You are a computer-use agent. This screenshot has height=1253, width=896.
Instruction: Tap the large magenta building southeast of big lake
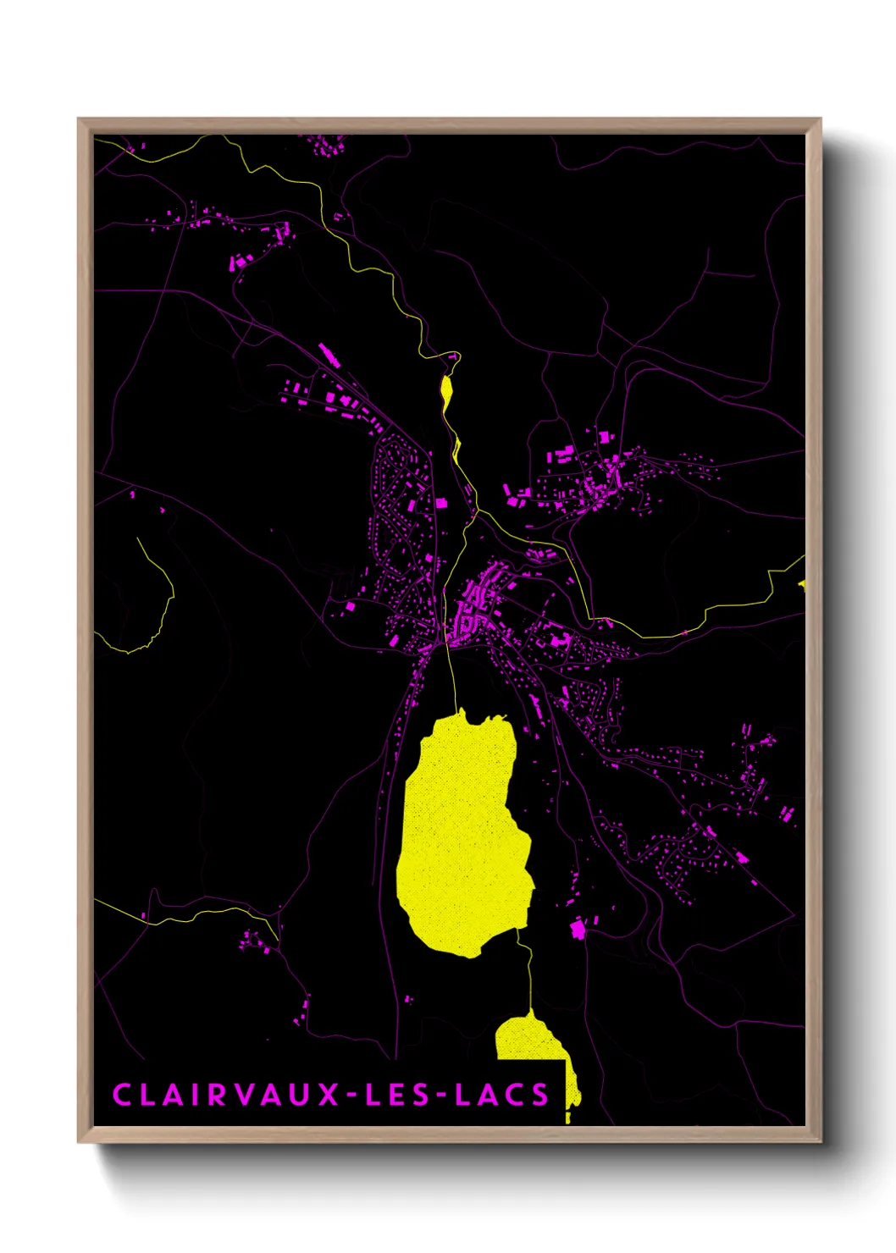tap(578, 930)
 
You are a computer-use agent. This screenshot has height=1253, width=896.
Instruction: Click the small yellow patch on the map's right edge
tap(801, 583)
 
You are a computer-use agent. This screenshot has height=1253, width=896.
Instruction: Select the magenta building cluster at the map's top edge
tap(326, 146)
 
